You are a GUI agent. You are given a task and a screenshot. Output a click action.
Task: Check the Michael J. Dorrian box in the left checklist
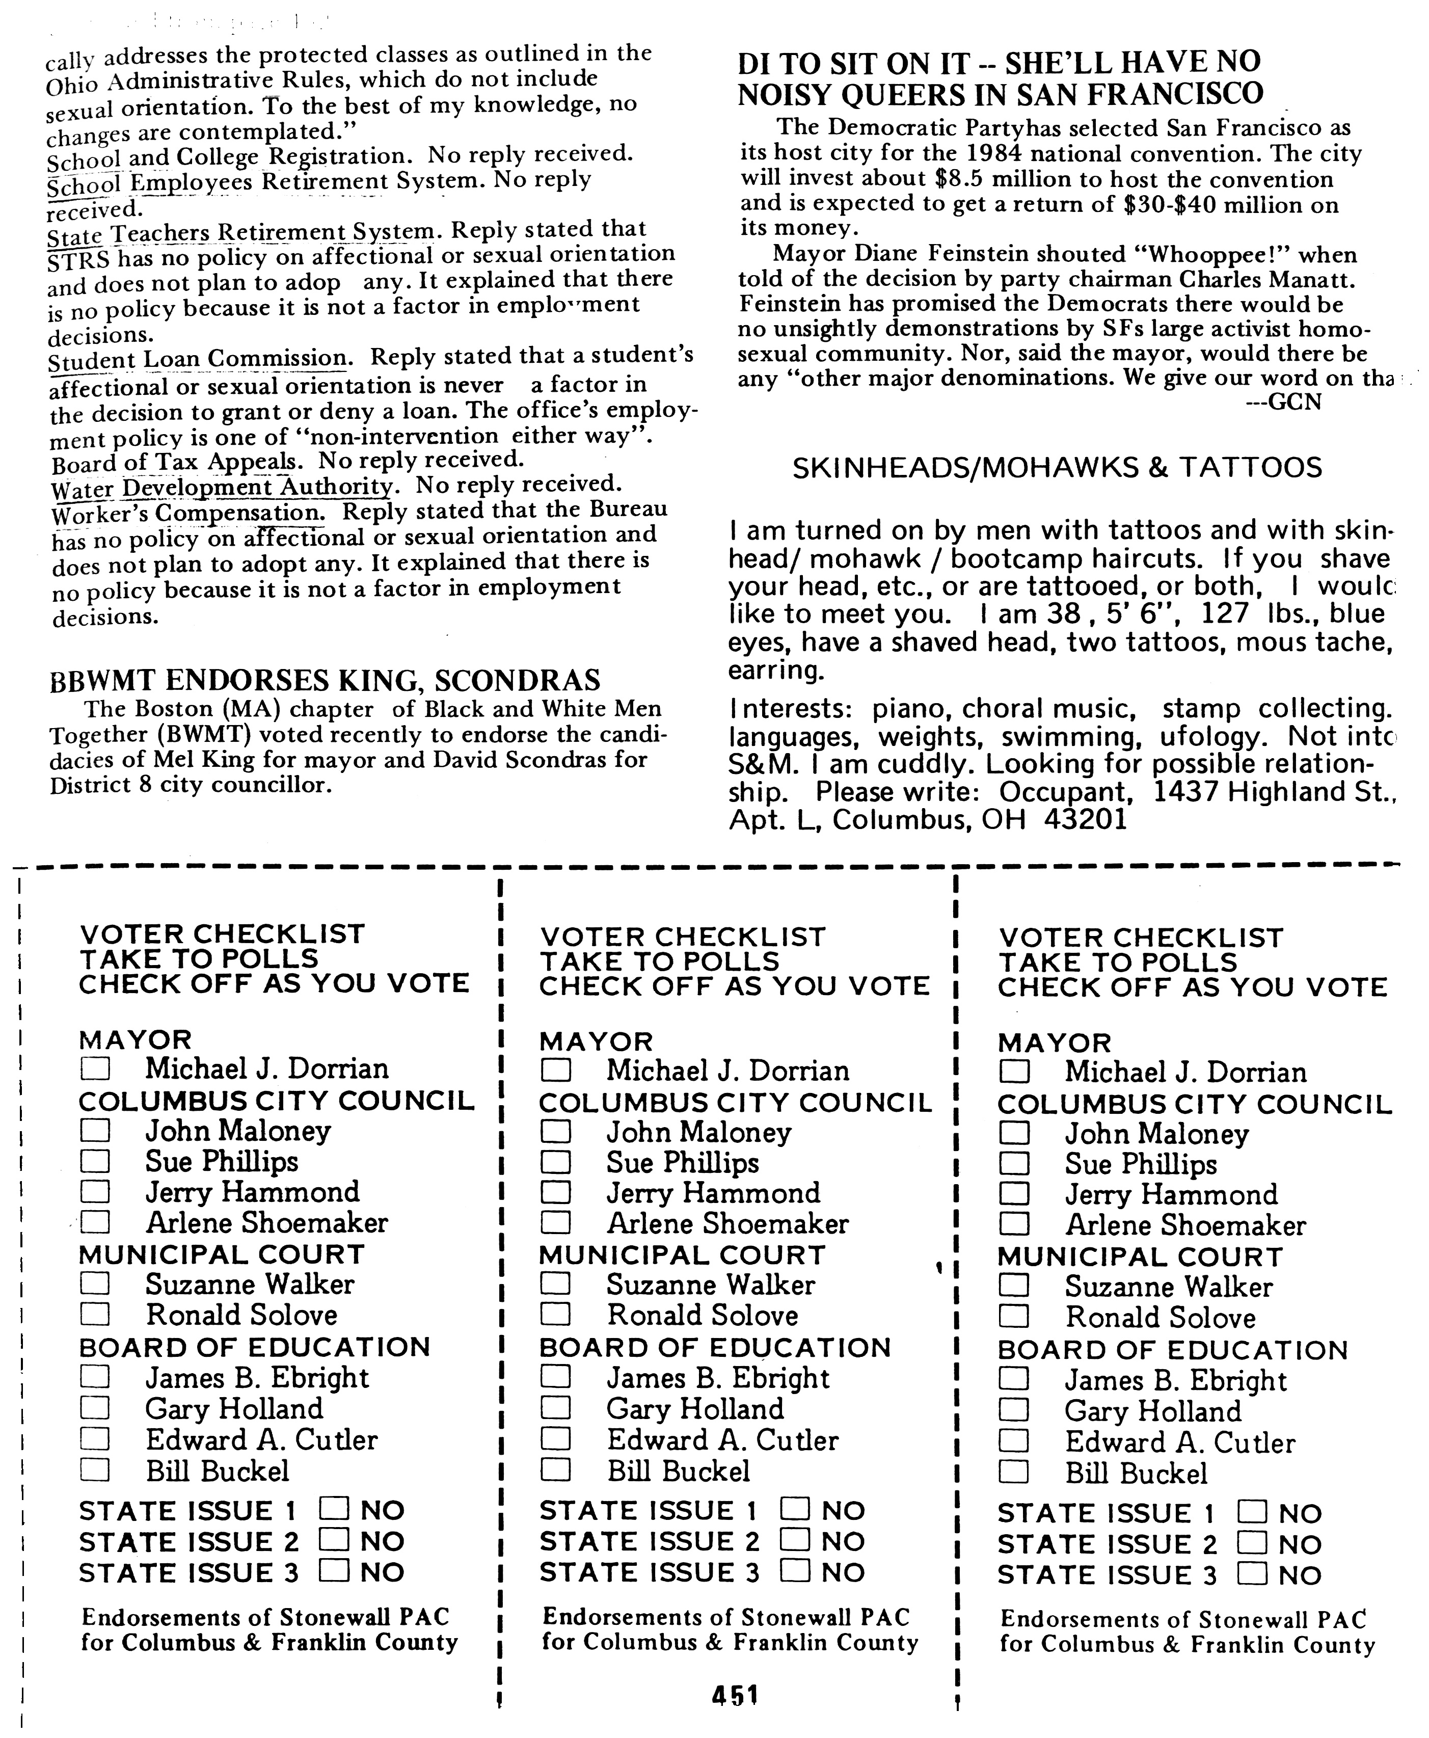click(x=95, y=1068)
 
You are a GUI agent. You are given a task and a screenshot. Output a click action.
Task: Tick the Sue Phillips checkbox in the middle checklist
click(x=556, y=1163)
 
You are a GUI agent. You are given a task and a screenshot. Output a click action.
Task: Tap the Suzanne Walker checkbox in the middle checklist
click(x=556, y=1285)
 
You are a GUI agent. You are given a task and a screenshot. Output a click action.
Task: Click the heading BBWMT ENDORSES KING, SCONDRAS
click(x=325, y=680)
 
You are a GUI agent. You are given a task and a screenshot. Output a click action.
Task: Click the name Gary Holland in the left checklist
click(x=234, y=1409)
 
